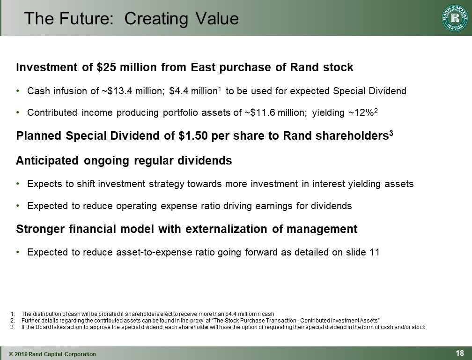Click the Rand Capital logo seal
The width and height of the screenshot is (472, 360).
point(455,19)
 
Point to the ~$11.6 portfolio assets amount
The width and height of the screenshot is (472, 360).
point(258,112)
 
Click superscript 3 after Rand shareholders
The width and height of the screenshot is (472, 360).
point(391,133)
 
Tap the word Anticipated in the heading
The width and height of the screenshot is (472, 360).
point(48,161)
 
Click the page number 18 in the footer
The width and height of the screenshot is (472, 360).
point(460,353)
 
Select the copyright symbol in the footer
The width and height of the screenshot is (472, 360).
point(11,354)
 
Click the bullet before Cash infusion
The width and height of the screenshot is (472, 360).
point(18,91)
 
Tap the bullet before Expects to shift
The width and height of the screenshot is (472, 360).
point(18,184)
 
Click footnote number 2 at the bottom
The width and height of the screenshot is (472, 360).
point(12,321)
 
